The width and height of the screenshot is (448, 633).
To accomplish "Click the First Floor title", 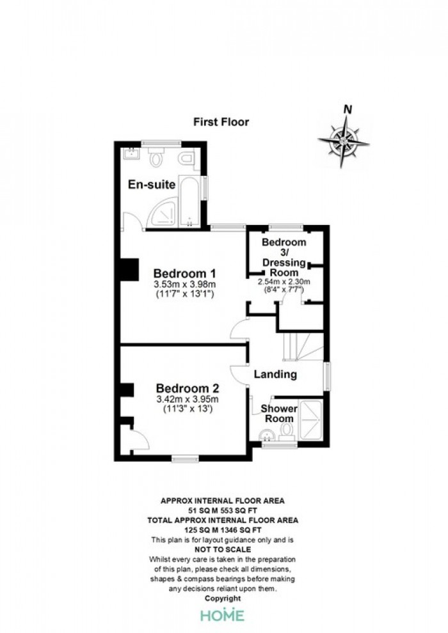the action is [221, 122].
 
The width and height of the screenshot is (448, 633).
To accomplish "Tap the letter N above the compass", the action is [348, 109].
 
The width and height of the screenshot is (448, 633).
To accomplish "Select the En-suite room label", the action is [152, 185].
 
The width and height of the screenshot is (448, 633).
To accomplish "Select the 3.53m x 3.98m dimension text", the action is [185, 284].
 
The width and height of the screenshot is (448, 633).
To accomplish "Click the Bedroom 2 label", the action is [188, 388].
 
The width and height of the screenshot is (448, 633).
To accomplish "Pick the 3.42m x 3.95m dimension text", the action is [188, 400].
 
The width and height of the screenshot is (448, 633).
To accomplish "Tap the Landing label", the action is [275, 375].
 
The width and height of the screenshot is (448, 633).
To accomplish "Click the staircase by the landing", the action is [303, 347].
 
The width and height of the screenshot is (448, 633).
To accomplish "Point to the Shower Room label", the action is [279, 414].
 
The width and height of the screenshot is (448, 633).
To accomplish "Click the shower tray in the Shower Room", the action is [310, 420].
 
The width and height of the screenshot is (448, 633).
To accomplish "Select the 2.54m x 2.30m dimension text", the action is [284, 282].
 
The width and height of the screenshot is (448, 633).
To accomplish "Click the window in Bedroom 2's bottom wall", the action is [185, 458].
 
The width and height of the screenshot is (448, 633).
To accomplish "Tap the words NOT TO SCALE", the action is [223, 549].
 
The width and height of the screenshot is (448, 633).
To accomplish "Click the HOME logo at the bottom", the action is [223, 615].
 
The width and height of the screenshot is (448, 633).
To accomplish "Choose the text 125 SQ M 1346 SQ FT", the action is [223, 530].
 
